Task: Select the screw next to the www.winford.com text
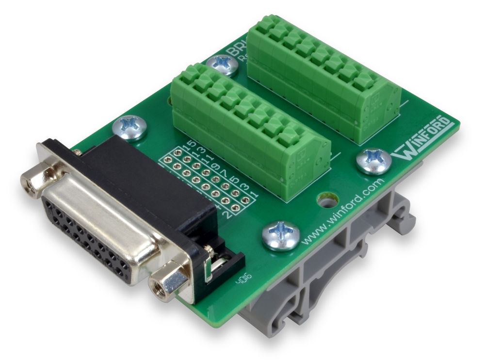click(280, 235)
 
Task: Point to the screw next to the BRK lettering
click(223, 65)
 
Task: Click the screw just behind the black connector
click(129, 127)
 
